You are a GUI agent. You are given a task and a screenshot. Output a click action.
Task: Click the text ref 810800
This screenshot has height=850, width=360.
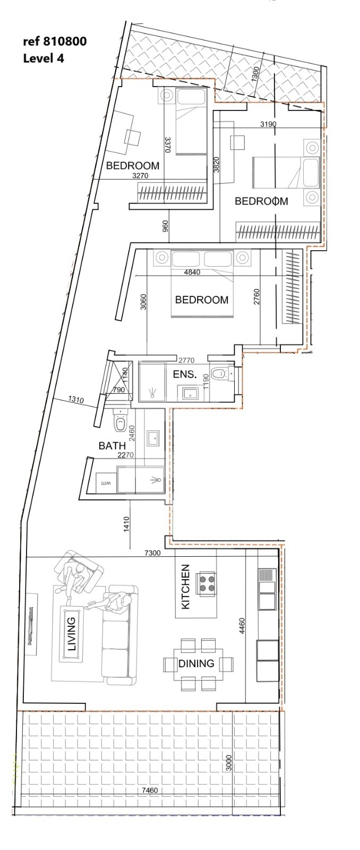[x=55, y=41]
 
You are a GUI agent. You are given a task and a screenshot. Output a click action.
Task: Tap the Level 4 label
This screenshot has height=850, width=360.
[x=44, y=58]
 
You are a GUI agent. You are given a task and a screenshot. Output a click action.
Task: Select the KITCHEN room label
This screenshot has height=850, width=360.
[x=185, y=586]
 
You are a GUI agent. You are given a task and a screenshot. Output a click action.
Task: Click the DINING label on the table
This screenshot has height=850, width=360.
[x=196, y=664]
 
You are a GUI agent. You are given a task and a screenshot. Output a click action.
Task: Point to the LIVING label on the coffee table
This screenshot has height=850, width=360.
[x=71, y=634]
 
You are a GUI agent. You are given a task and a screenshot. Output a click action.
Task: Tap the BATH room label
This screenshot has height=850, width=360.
[x=112, y=446]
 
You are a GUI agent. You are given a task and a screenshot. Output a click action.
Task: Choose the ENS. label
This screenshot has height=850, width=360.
[x=185, y=375]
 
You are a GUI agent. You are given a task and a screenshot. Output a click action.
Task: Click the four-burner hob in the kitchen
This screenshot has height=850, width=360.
[x=206, y=584]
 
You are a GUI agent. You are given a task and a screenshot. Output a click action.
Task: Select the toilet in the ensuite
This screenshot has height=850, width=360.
[x=219, y=374]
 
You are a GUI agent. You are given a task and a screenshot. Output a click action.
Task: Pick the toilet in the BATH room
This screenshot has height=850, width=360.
[x=120, y=420]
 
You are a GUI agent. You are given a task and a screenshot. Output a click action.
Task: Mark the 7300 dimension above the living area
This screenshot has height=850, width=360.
[x=152, y=553]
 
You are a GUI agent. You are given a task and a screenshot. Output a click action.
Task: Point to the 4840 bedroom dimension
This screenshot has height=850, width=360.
[x=192, y=272]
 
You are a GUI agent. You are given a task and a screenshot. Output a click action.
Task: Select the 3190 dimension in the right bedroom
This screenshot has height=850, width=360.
[x=268, y=124]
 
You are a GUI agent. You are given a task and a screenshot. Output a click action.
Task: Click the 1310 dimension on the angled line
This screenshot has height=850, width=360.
[x=76, y=399]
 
